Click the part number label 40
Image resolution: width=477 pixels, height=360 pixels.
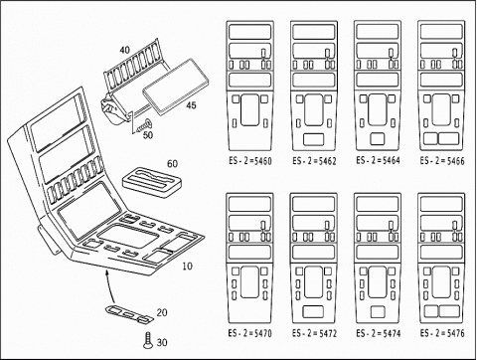click(125, 50)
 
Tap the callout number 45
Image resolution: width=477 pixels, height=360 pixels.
click(191, 105)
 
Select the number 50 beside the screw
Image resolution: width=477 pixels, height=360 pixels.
click(148, 135)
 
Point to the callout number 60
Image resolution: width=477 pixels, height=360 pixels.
click(172, 164)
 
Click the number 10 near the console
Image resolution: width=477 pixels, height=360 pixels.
click(187, 266)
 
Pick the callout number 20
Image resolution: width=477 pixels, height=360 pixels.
click(162, 312)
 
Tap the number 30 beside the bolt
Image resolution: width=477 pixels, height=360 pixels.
click(162, 342)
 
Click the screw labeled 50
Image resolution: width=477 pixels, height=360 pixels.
click(143, 126)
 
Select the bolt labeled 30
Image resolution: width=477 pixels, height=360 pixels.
click(148, 341)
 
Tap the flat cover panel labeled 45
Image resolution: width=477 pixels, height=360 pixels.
click(176, 87)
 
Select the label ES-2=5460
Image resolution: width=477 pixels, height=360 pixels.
click(250, 161)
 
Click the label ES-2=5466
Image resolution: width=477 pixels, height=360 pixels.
click(442, 161)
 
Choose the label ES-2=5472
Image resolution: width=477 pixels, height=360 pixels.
click(314, 333)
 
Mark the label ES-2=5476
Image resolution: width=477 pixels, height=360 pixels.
click(442, 333)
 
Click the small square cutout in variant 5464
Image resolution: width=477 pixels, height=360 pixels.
click(378, 139)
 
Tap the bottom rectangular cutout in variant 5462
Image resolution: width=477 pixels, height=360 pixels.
click(314, 139)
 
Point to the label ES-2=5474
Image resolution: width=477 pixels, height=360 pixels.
click(378, 333)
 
